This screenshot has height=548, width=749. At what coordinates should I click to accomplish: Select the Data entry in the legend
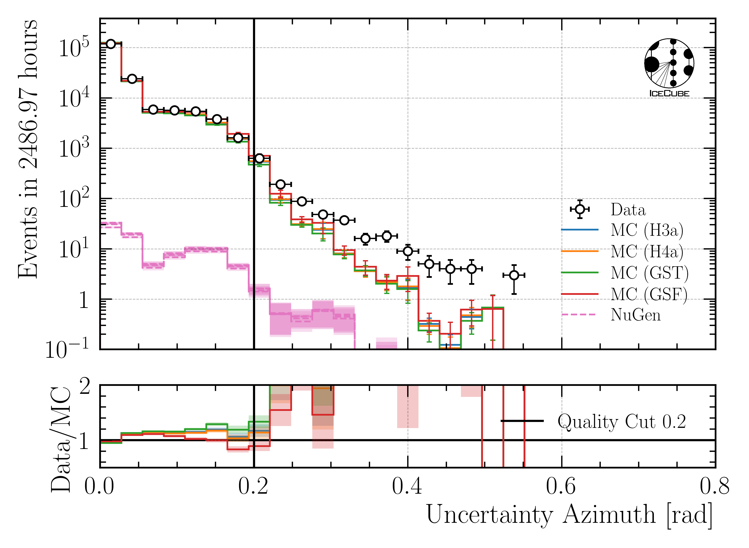coord(628,210)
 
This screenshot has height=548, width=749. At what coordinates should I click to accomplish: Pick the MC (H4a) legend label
coord(647,251)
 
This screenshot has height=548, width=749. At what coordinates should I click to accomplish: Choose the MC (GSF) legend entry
coord(649,294)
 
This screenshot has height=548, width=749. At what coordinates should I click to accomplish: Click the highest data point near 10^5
coord(111,44)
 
